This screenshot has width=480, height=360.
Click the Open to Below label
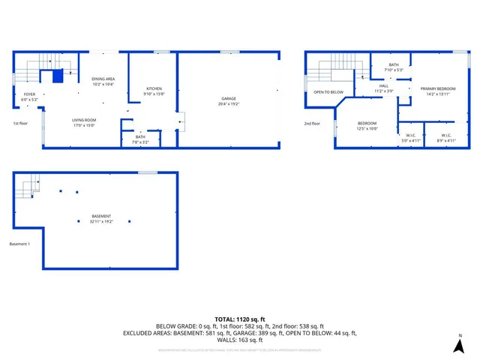point(328,92)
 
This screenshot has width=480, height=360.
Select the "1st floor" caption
point(21,123)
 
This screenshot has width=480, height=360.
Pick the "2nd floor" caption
point(312,123)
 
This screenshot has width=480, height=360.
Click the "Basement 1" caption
point(19,244)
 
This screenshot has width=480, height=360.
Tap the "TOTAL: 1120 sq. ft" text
point(239,319)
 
